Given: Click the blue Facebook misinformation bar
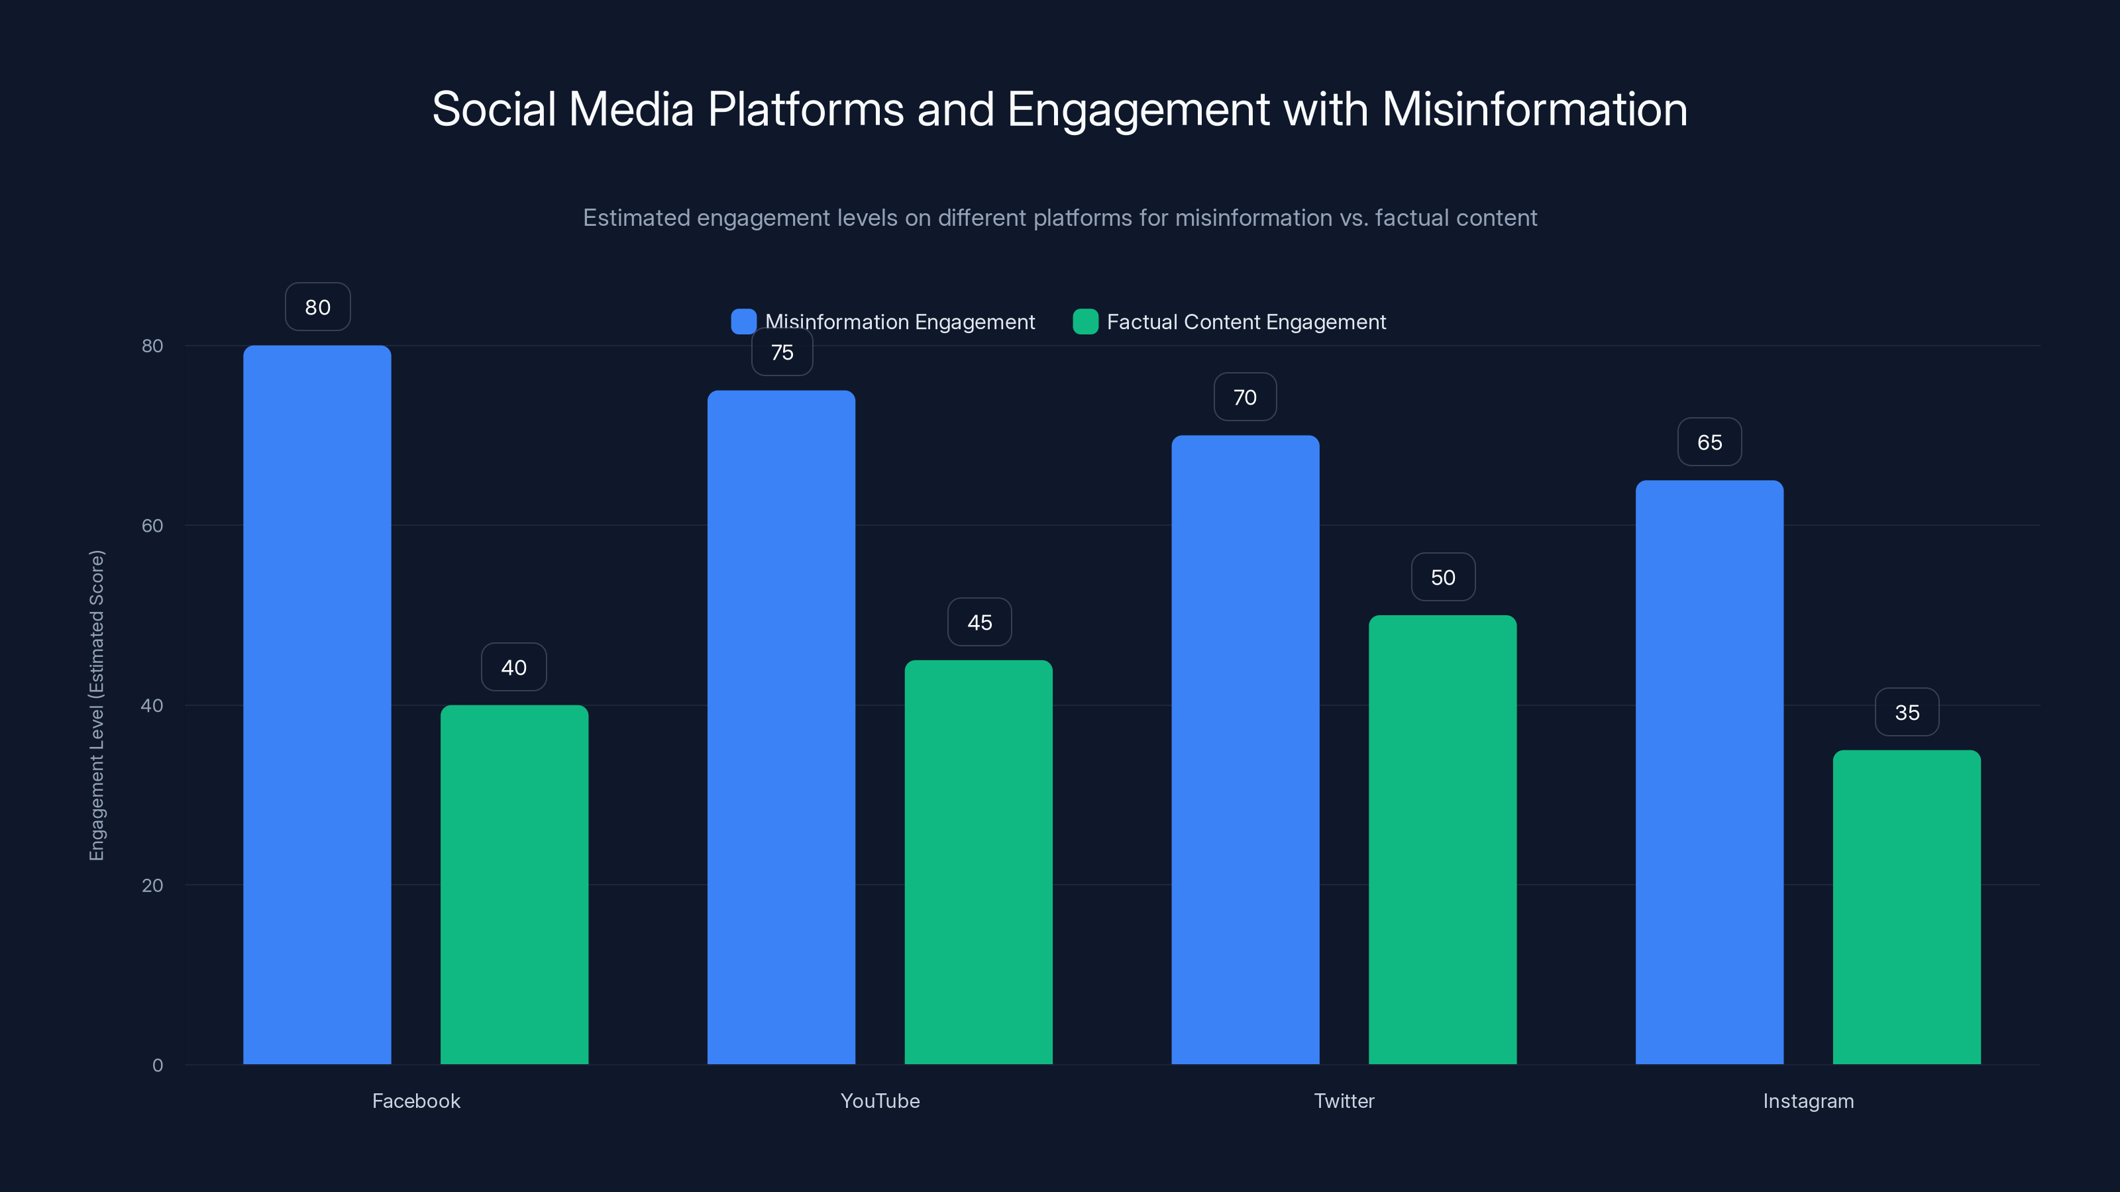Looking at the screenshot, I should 317,704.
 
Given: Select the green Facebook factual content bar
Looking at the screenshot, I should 514,884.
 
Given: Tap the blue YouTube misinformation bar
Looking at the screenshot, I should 781,727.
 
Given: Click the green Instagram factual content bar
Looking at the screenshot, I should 1906,907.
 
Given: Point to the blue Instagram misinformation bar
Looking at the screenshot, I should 1709,771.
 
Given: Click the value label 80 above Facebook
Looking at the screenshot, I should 318,307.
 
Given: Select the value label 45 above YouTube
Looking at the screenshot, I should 979,622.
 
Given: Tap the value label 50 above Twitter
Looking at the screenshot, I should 1443,577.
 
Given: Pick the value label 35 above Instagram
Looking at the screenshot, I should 1907,712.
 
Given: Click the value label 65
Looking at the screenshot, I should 1709,442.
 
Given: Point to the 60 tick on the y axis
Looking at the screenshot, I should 152,526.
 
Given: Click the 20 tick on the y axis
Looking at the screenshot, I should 152,885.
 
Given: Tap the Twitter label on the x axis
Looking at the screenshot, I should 1344,1101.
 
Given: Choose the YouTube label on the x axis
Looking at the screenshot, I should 880,1101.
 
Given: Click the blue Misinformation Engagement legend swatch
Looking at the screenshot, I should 743,322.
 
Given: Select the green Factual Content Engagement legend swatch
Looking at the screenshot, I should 1086,322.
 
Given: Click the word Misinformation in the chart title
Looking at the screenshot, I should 1535,109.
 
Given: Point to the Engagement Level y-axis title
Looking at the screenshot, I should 97,705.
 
